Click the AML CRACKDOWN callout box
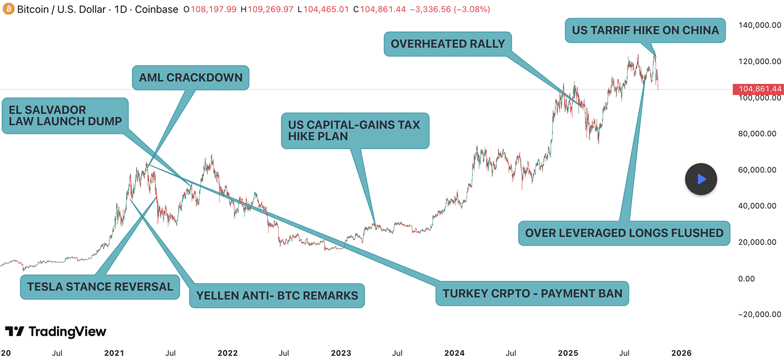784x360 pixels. pyautogui.click(x=191, y=78)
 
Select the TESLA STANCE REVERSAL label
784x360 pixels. pyautogui.click(x=100, y=286)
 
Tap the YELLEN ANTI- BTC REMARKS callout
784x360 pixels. pyautogui.click(x=277, y=296)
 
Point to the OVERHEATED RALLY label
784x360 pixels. pyautogui.click(x=448, y=43)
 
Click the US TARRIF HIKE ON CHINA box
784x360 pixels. pyautogui.click(x=645, y=30)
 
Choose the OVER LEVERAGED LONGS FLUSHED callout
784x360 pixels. pyautogui.click(x=624, y=233)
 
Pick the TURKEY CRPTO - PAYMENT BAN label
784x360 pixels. pyautogui.click(x=532, y=293)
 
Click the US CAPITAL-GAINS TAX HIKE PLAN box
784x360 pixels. pyautogui.click(x=355, y=131)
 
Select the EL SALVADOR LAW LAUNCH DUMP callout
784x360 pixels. pyautogui.click(x=65, y=115)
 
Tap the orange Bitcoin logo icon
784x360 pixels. pyautogui.click(x=8, y=9)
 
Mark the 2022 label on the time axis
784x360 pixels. pyautogui.click(x=227, y=353)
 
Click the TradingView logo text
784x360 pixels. pyautogui.click(x=55, y=332)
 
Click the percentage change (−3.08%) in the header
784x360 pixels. pyautogui.click(x=471, y=9)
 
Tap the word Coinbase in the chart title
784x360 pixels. pyautogui.click(x=157, y=9)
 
